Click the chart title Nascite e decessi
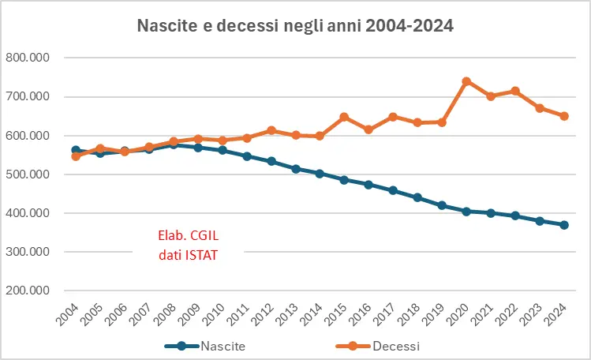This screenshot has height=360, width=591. [x=295, y=26]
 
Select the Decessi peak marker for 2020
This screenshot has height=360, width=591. [x=466, y=81]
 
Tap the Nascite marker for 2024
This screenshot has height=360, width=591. [x=564, y=225]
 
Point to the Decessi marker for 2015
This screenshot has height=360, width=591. [x=344, y=117]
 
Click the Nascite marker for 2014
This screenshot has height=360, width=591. [x=320, y=174]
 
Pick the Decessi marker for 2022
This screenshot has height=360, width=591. [x=515, y=91]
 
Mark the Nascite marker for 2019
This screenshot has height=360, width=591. [x=442, y=205]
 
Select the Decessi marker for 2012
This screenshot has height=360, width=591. [x=271, y=130]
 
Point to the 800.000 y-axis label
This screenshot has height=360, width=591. [x=28, y=58]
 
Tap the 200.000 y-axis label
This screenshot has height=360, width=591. [x=28, y=291]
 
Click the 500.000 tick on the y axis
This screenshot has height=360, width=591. [x=28, y=174]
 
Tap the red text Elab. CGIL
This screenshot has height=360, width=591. [x=187, y=234]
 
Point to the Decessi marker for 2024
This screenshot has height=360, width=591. [x=564, y=116]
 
